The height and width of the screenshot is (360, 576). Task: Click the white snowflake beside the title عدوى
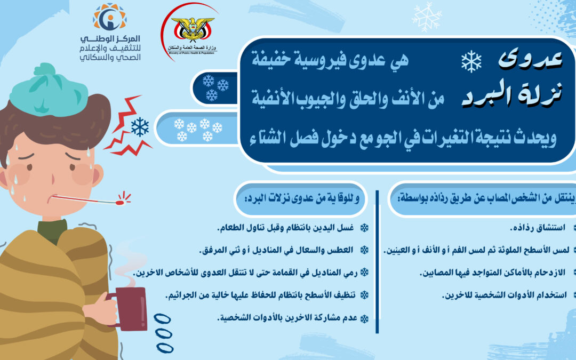pos(471,62)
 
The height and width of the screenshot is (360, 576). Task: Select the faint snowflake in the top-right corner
pos(427,15)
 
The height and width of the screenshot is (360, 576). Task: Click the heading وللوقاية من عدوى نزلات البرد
pos(302,199)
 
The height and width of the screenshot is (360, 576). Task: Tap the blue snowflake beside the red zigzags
pos(140,127)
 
